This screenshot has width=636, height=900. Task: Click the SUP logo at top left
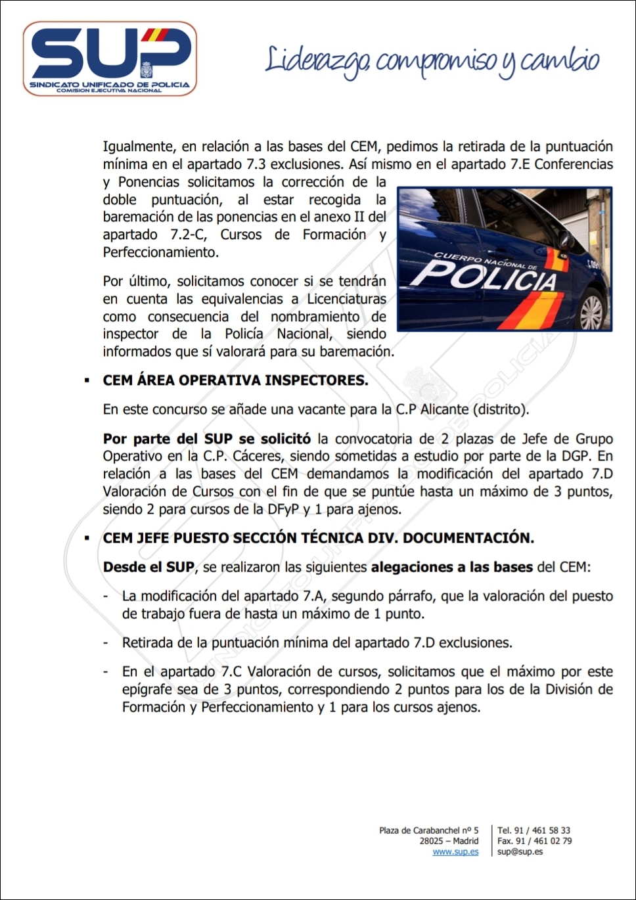[x=110, y=58]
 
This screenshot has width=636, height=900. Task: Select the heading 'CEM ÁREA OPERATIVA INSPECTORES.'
[x=235, y=380]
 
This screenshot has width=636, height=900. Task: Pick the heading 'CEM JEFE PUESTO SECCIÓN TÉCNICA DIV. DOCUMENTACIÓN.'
[x=318, y=538]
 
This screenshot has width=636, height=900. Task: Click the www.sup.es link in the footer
[x=455, y=852]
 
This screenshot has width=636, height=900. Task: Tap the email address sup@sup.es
[x=520, y=852]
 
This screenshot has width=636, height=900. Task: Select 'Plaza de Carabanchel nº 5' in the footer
[x=428, y=830]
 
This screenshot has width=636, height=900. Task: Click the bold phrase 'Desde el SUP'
[x=148, y=567]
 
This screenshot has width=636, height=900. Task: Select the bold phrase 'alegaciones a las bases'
[x=451, y=567]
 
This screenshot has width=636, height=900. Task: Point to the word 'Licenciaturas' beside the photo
[x=347, y=299]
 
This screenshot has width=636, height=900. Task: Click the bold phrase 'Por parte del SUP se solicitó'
[x=207, y=439]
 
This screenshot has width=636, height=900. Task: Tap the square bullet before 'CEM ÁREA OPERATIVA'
[x=87, y=381]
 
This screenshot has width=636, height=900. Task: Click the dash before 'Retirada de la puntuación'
[x=106, y=642]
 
